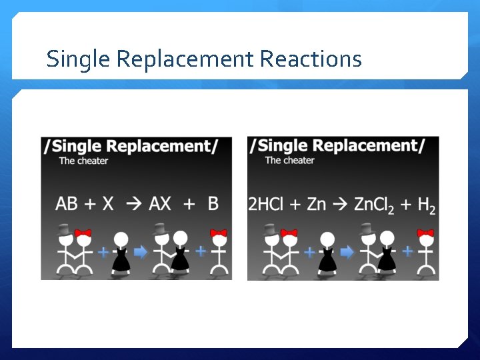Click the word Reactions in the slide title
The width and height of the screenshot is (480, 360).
311,59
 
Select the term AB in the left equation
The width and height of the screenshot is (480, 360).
67,203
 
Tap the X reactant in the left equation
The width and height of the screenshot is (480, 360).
108,203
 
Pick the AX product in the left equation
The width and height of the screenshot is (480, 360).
160,203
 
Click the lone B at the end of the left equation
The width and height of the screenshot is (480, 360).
213,203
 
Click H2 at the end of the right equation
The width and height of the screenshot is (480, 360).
426,205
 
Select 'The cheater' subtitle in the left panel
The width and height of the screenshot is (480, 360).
83,161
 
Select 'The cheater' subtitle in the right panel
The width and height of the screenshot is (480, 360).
289,161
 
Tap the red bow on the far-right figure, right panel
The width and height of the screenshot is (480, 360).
425,233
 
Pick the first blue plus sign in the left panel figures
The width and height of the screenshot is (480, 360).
103,252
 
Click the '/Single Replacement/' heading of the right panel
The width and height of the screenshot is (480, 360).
337,145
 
